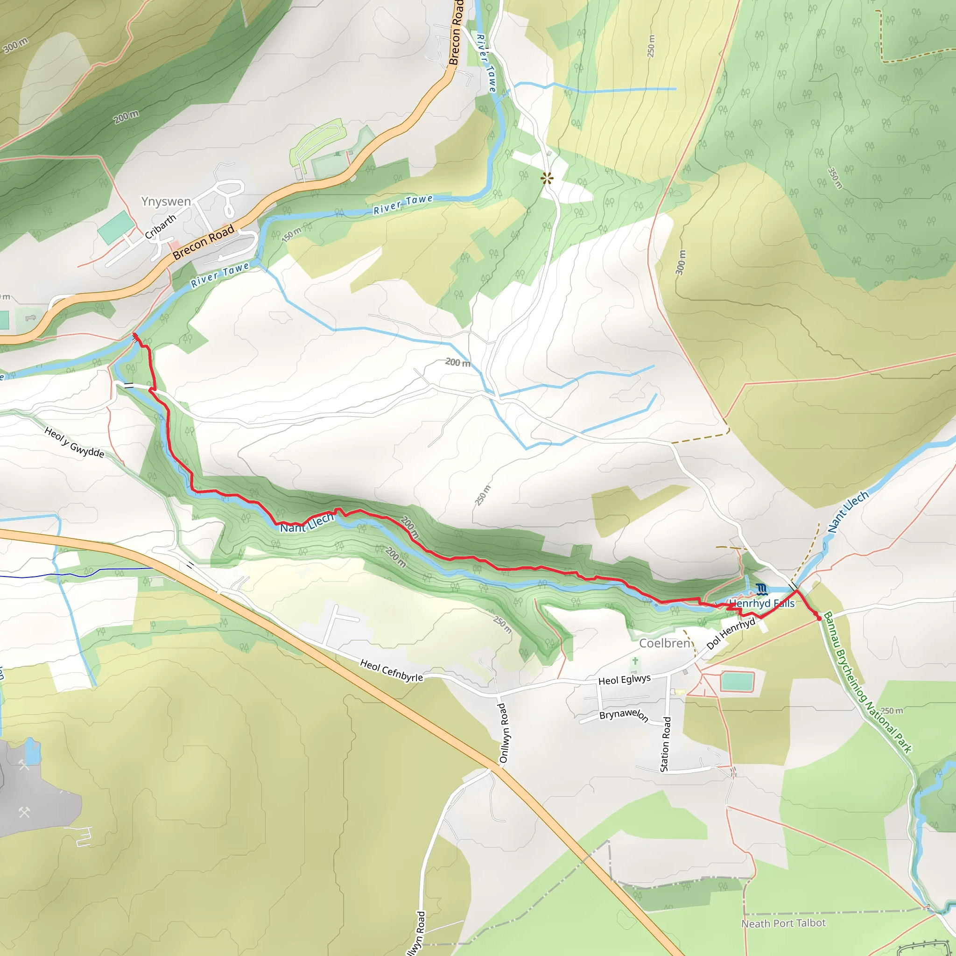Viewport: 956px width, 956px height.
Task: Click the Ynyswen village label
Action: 166,201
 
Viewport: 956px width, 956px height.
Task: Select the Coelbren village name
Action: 665,643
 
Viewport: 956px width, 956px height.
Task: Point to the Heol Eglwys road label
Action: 625,679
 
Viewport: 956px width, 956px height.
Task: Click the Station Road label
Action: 666,744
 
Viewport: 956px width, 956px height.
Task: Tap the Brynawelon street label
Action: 624,715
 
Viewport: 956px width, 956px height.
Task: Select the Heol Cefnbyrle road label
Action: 391,670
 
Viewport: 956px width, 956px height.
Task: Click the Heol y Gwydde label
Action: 74,443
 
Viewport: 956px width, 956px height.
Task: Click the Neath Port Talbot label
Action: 783,923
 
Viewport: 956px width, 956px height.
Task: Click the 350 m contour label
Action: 835,178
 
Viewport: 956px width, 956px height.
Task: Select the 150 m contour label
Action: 291,234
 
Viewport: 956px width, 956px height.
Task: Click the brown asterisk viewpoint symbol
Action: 547,179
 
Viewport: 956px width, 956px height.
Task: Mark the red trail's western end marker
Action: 135,337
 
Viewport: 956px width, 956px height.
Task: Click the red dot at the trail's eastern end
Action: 819,618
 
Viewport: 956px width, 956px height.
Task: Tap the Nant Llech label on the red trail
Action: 307,523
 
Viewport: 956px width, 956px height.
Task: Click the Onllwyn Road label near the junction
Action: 503,733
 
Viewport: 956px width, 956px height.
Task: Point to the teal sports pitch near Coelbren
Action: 737,682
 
